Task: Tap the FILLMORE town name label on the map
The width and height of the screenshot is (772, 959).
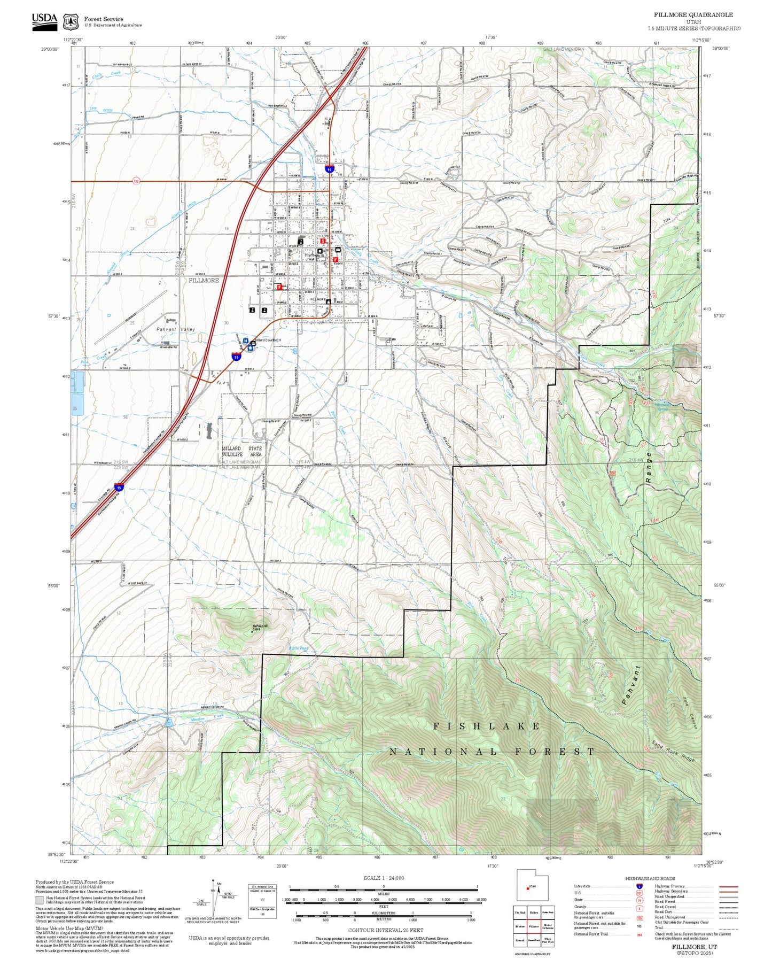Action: click(204, 280)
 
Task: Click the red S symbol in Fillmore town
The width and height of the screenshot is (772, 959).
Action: click(323, 241)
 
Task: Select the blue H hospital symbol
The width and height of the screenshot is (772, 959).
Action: click(245, 341)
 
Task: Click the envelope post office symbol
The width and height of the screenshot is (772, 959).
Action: click(338, 250)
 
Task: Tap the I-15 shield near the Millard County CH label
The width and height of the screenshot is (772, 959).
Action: click(236, 357)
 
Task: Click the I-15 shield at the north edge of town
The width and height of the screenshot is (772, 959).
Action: click(330, 169)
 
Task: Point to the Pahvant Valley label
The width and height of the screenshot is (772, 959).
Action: click(176, 329)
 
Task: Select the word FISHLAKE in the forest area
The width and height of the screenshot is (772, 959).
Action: click(487, 726)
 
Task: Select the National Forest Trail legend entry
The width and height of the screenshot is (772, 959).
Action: click(591, 934)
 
